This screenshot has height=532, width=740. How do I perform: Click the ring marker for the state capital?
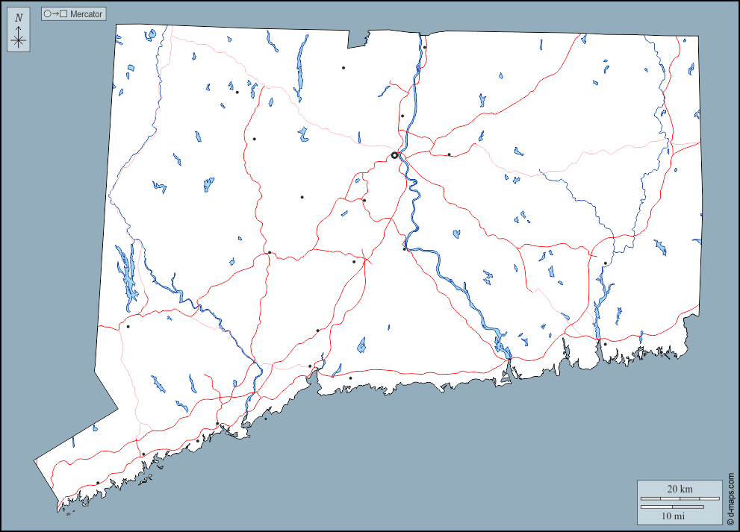click(394, 155)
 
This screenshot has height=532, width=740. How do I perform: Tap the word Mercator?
click(86, 14)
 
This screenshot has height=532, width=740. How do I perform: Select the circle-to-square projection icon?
click(56, 14)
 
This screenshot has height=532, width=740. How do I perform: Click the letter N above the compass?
click(19, 18)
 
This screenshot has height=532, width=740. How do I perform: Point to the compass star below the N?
click(19, 40)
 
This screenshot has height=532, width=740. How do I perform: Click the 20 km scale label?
click(680, 489)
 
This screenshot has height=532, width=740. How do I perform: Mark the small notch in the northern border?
click(367, 39)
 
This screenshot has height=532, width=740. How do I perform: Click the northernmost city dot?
click(424, 48)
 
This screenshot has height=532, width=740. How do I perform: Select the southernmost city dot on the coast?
click(98, 483)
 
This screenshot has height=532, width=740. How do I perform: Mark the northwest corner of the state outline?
click(117, 25)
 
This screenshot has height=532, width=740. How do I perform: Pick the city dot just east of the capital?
click(449, 154)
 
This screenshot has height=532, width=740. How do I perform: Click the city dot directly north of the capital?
click(402, 116)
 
